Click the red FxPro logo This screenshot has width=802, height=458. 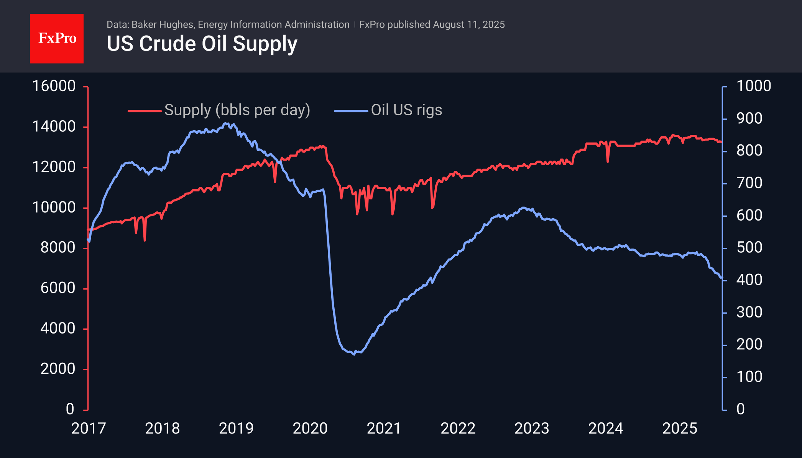click(x=57, y=38)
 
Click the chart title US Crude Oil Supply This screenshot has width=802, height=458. click(x=202, y=44)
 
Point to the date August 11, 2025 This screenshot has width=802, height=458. click(x=468, y=25)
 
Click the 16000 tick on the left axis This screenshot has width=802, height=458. click(x=54, y=86)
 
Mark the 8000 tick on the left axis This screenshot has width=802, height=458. click(x=58, y=248)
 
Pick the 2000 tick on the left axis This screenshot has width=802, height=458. click(x=58, y=369)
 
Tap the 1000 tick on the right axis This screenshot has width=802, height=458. click(x=753, y=86)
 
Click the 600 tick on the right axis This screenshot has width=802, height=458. click(x=749, y=216)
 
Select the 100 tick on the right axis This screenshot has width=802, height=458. click(x=749, y=377)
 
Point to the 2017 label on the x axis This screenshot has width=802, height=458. click(x=89, y=428)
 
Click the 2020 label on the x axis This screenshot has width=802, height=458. click(x=310, y=428)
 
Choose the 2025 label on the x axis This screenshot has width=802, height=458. click(x=680, y=428)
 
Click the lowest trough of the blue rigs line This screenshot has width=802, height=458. click(x=354, y=354)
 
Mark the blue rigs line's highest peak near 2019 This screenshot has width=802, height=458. click(x=226, y=123)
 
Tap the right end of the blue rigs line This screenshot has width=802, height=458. click(x=721, y=278)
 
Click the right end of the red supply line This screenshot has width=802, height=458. click(x=721, y=142)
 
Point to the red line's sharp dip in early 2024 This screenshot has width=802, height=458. click(x=608, y=162)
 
